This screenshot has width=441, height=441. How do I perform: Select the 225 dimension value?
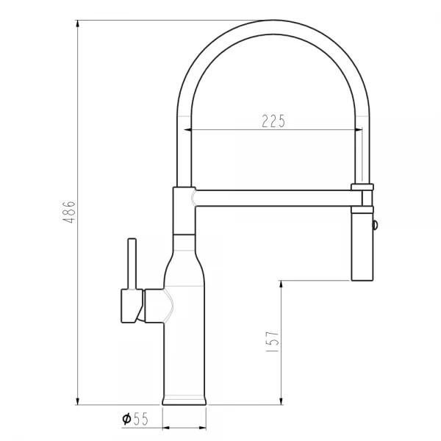coord(273,122)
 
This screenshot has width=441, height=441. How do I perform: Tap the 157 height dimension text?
coord(272,343)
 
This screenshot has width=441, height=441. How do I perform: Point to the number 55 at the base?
coord(141,418)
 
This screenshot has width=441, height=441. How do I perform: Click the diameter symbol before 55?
coord(126,418)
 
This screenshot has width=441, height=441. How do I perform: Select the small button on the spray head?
coord(376,226)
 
